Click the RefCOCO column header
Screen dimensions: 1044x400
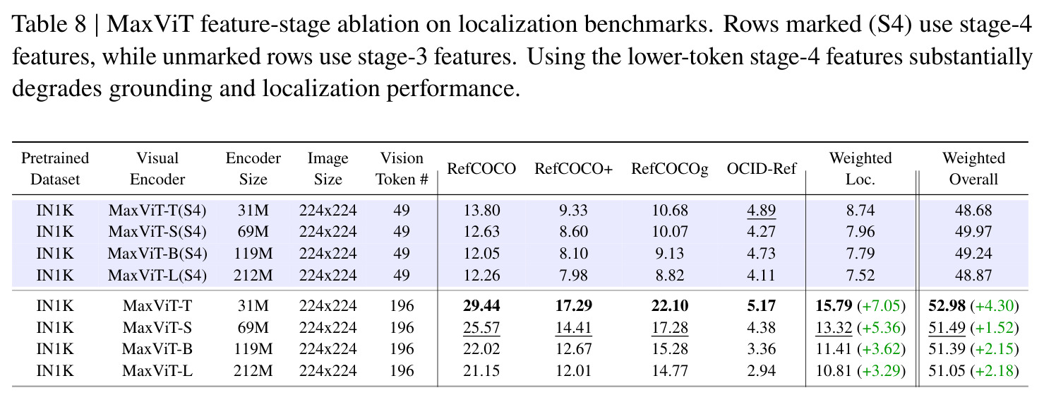481,168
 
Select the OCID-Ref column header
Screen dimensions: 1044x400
762,168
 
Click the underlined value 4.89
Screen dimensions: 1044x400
762,211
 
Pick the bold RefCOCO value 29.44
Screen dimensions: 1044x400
481,306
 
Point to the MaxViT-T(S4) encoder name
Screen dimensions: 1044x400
157,211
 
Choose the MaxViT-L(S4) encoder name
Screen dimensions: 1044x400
157,276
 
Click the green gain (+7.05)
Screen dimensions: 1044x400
882,306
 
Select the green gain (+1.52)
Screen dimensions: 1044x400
995,328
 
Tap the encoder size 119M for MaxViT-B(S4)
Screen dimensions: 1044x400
253,254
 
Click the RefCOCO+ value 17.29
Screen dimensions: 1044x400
574,306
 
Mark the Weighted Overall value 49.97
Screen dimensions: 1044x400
973,232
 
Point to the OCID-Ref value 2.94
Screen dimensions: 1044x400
762,370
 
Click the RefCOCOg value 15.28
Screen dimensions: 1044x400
670,348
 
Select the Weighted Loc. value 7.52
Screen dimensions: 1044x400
860,276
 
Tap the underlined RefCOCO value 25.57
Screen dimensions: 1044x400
481,328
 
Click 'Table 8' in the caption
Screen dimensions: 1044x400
49,24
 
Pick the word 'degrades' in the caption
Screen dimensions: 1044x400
57,88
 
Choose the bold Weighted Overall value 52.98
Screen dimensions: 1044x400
947,306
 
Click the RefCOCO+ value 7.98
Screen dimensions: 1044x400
574,276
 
